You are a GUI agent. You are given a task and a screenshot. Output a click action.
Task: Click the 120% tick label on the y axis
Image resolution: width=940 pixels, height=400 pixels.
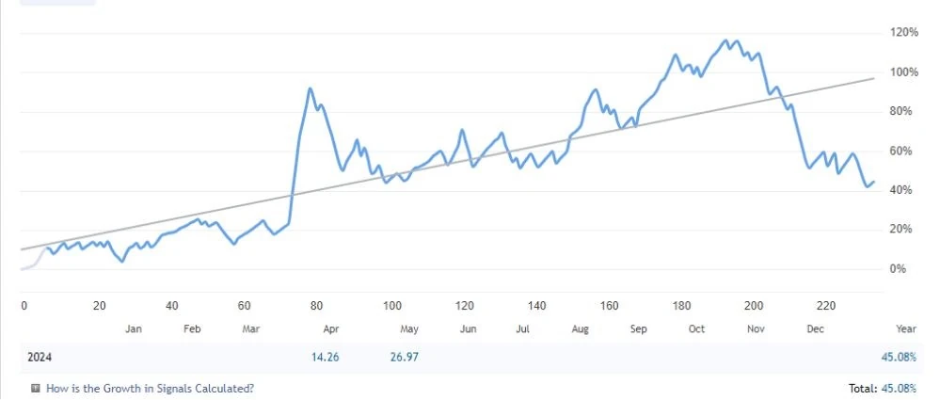[x=904, y=32]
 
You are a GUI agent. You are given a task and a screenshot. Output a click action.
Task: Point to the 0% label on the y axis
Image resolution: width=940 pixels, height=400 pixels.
[x=910, y=269]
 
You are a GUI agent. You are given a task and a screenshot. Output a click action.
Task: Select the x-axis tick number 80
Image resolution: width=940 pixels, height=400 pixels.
[x=316, y=306]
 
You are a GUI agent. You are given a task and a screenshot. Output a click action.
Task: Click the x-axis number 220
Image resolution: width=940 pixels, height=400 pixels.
[x=826, y=306]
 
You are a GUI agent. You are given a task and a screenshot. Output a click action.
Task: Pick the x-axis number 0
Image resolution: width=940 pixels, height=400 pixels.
[x=24, y=306]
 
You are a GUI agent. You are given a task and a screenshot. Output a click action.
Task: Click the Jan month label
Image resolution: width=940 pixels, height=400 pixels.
[x=134, y=328]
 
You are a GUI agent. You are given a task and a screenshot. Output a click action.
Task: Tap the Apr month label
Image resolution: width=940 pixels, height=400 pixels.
[x=331, y=328]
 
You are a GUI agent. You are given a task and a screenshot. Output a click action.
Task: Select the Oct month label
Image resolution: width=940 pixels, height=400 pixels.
[x=696, y=328]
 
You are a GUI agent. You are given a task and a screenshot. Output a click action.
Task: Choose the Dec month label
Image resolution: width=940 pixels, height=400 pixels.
[x=815, y=328]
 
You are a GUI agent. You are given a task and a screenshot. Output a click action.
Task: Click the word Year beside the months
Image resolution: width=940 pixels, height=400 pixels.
[x=906, y=328]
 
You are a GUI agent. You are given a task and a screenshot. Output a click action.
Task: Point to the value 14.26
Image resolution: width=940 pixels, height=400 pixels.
[x=325, y=358]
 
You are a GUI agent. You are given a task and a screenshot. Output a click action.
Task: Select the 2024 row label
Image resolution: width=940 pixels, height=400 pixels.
[x=40, y=358]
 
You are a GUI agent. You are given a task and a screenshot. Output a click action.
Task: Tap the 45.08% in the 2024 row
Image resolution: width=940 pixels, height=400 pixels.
[x=899, y=358]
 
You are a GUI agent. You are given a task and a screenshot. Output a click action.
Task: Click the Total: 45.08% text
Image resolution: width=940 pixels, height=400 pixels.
[x=883, y=388]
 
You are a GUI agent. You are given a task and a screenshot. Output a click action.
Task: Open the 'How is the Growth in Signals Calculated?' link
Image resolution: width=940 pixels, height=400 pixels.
[x=150, y=388]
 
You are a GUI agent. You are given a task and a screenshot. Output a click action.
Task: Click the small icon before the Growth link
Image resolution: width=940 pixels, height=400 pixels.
[x=36, y=388]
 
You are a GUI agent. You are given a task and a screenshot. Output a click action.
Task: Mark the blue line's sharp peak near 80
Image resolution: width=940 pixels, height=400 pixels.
[x=310, y=88]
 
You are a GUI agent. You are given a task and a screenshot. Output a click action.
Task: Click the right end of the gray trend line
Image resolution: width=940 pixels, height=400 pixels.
[x=874, y=78]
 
